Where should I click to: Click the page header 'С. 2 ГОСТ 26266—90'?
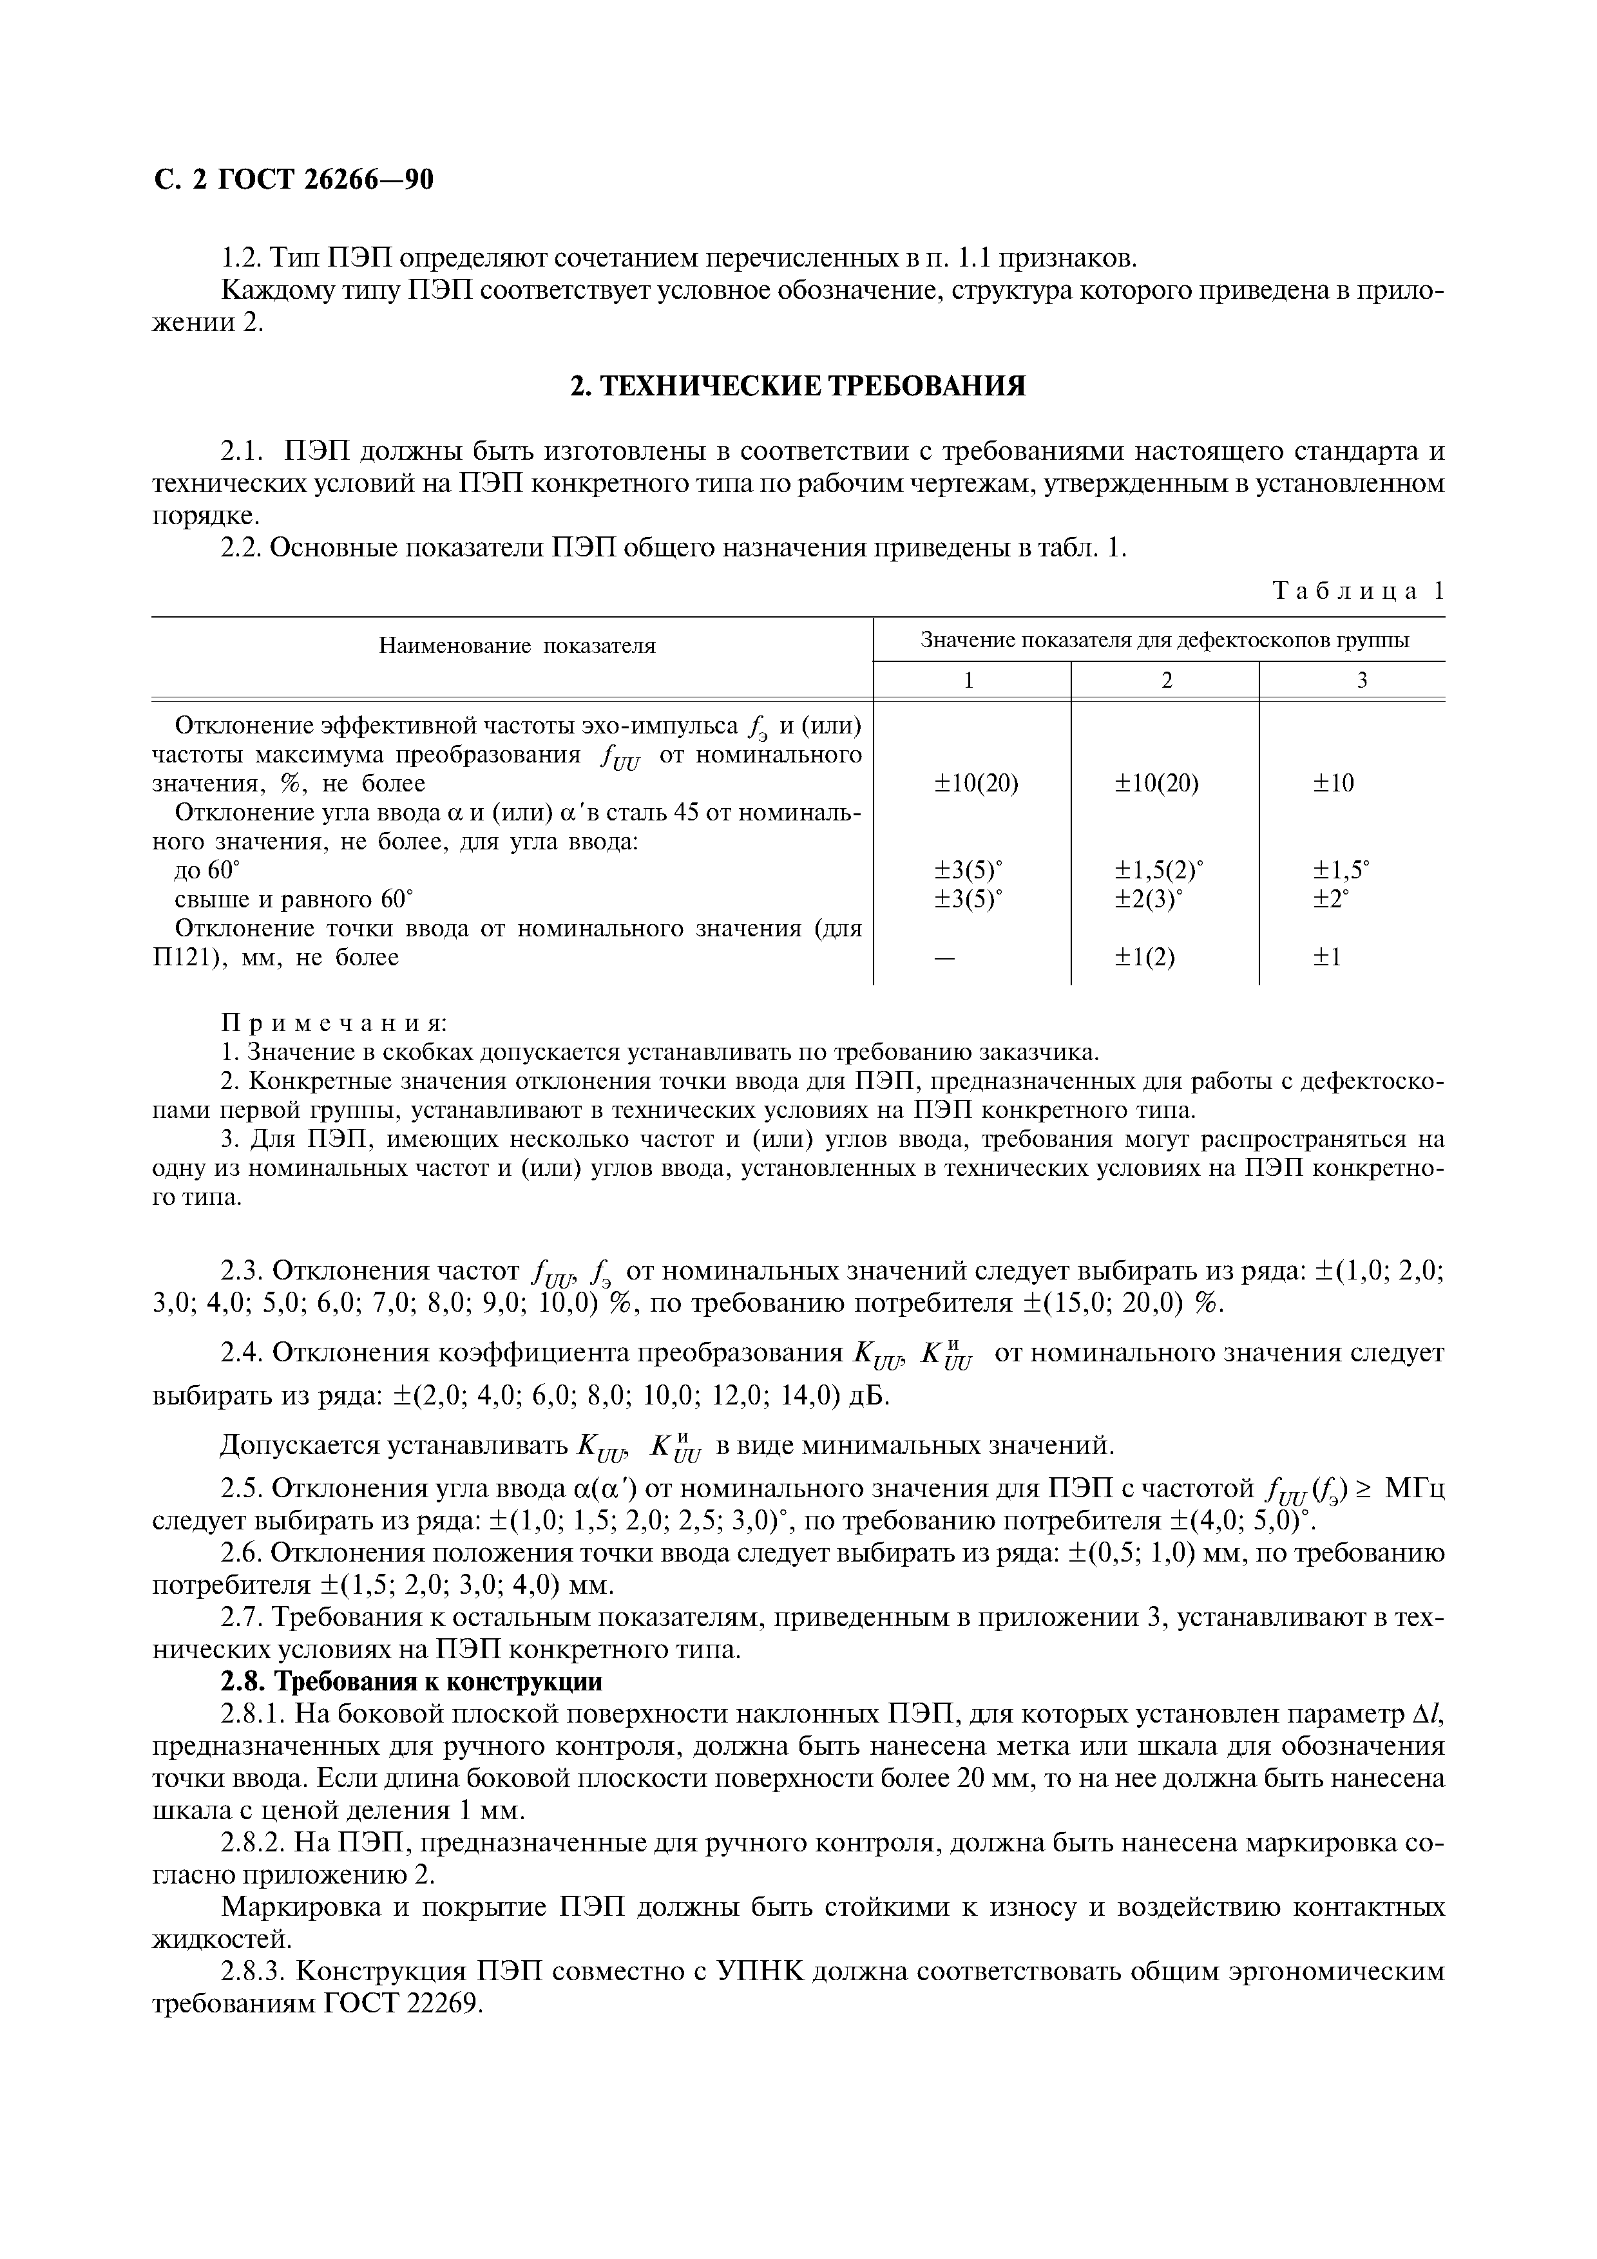[293, 180]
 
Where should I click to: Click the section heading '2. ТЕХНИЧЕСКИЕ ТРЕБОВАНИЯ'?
[798, 386]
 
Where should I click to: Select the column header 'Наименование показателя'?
[517, 647]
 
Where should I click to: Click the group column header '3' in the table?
[1362, 680]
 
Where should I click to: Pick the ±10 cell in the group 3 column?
[1334, 783]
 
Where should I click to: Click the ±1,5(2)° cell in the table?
[1158, 870]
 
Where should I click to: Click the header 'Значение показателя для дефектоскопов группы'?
[1164, 641]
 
